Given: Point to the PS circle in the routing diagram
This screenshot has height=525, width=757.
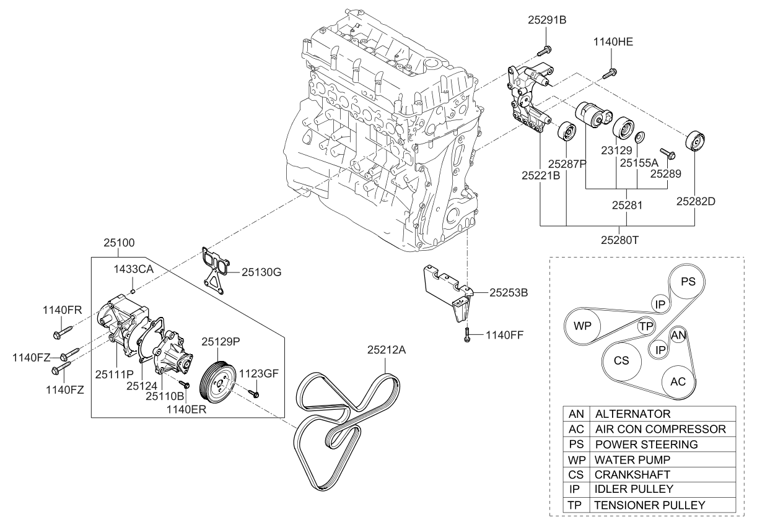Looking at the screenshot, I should [688, 281].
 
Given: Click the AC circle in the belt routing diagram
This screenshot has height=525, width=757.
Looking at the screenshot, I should [678, 381].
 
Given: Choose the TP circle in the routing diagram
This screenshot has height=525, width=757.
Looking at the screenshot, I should [646, 326].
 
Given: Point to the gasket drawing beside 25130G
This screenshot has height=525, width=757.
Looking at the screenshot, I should [212, 266].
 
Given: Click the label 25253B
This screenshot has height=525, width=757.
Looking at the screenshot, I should [508, 291].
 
